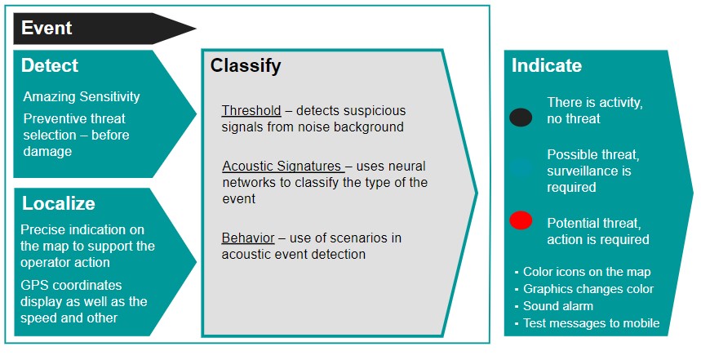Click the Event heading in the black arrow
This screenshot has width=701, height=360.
(47, 29)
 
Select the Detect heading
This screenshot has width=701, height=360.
(50, 66)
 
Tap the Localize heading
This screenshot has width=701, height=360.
(59, 203)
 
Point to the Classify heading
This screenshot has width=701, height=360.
(246, 66)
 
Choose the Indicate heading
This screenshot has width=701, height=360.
(547, 66)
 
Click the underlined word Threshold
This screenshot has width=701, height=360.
(251, 110)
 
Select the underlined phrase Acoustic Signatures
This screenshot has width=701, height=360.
(282, 167)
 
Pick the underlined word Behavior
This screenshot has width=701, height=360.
(248, 238)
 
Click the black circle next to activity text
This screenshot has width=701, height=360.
(521, 118)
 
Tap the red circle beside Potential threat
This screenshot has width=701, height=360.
(521, 220)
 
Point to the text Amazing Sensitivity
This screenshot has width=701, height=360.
(82, 96)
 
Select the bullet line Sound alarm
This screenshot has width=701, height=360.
(558, 306)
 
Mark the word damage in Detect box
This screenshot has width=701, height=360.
(47, 152)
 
